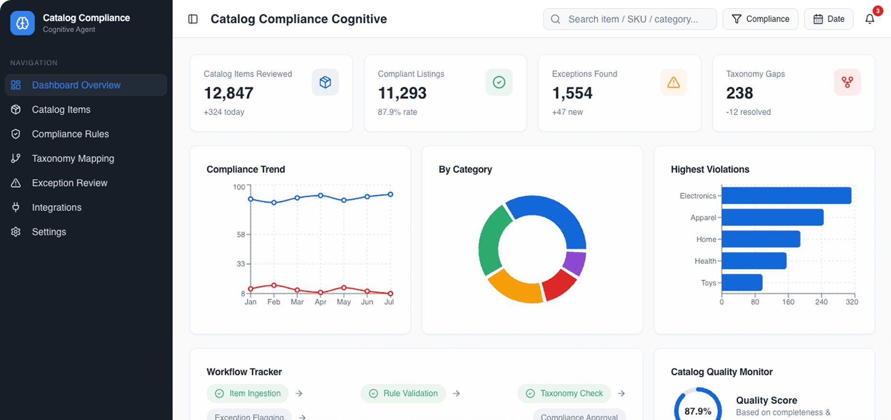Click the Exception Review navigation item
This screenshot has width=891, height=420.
pyautogui.click(x=69, y=183)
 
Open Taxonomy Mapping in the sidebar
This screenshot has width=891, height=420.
pyautogui.click(x=73, y=159)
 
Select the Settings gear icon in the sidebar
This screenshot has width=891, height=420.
pyautogui.click(x=16, y=232)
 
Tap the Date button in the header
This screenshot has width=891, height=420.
pyautogui.click(x=829, y=19)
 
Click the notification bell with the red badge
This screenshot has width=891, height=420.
pyautogui.click(x=870, y=19)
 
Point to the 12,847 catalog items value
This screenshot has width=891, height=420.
pyautogui.click(x=228, y=93)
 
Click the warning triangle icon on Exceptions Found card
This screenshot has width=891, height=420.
pyautogui.click(x=674, y=82)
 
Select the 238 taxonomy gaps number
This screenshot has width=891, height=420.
pyautogui.click(x=739, y=93)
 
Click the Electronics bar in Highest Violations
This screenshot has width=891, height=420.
pyautogui.click(x=786, y=196)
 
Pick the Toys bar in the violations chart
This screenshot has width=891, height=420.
pyautogui.click(x=742, y=282)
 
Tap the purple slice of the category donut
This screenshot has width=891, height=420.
pyautogui.click(x=575, y=263)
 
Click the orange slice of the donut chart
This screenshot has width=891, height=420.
pyautogui.click(x=514, y=288)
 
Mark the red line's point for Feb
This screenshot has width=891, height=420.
pyautogui.click(x=274, y=285)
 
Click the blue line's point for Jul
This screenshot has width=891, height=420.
pyautogui.click(x=390, y=194)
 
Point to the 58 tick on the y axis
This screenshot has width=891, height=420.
pyautogui.click(x=240, y=234)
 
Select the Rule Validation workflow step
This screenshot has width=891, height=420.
pyautogui.click(x=403, y=393)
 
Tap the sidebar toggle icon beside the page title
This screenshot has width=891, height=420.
pyautogui.click(x=193, y=19)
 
